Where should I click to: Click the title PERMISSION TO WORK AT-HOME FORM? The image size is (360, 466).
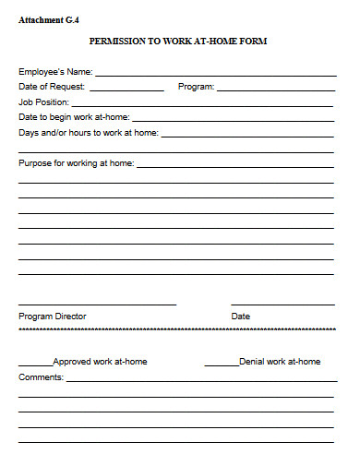(x=179, y=42)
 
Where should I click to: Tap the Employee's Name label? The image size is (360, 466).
(x=55, y=71)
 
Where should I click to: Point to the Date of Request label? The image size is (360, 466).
(x=52, y=86)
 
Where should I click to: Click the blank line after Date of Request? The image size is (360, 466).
(x=126, y=89)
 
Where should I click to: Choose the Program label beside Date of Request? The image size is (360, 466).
(x=196, y=86)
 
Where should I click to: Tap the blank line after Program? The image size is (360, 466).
(x=275, y=89)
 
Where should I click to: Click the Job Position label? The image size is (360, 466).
(x=43, y=102)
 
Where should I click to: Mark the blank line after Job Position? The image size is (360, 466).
(x=202, y=104)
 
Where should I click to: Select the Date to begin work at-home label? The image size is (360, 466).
(x=74, y=117)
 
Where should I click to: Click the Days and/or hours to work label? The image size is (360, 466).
(x=89, y=132)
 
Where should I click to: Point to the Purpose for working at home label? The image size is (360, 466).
(x=77, y=163)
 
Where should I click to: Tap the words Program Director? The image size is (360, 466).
(x=53, y=317)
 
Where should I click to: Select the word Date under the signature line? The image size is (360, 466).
(x=240, y=317)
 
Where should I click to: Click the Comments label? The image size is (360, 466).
(x=42, y=377)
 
